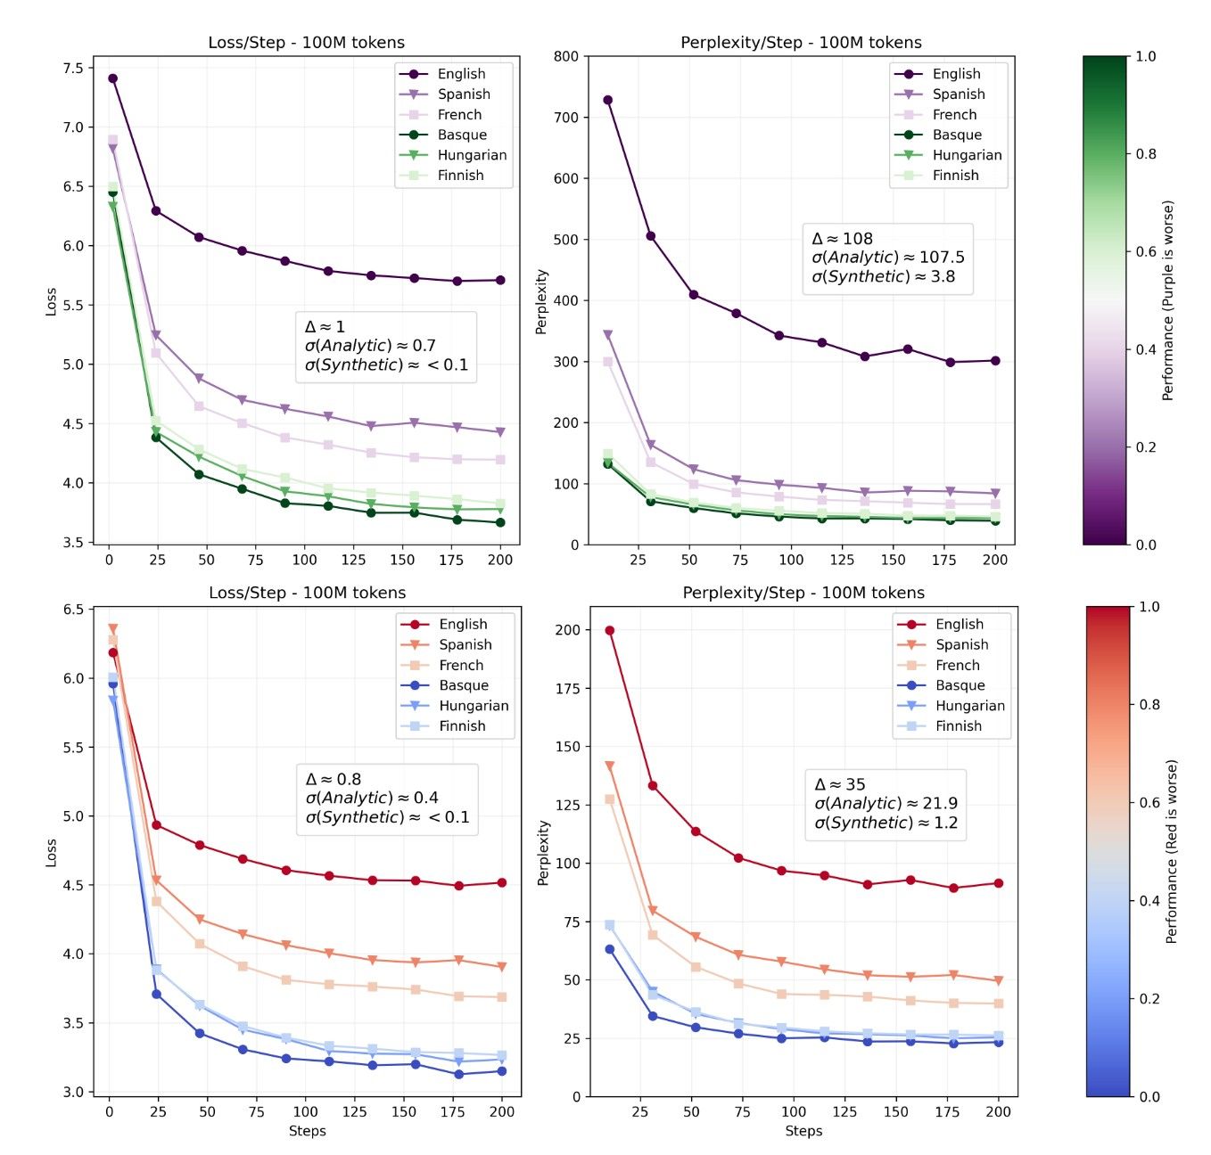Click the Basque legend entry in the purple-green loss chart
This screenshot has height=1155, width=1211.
click(x=461, y=135)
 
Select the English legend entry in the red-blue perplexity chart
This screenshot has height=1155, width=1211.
click(x=959, y=624)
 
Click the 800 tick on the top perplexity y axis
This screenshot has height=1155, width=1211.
click(x=566, y=56)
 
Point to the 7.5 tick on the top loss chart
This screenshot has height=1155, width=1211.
click(x=74, y=69)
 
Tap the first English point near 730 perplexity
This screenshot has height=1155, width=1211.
click(x=607, y=100)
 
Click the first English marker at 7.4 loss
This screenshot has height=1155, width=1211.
click(x=112, y=78)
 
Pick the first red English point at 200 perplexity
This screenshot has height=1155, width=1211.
click(x=610, y=630)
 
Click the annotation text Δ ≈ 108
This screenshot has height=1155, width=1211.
click(x=842, y=239)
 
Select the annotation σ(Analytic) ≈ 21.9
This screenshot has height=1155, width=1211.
click(x=886, y=803)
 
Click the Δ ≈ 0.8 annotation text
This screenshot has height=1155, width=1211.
click(x=333, y=779)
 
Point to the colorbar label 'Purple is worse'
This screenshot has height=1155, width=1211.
click(x=1168, y=300)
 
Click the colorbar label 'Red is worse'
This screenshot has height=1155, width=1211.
click(x=1172, y=851)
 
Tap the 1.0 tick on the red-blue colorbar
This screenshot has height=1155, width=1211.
click(x=1149, y=607)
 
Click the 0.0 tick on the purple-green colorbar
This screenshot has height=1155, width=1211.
click(x=1146, y=545)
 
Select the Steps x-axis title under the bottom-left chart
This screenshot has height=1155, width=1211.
click(x=307, y=1131)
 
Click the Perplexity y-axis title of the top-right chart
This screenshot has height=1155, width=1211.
click(x=541, y=301)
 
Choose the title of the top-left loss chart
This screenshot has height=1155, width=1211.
click(x=306, y=43)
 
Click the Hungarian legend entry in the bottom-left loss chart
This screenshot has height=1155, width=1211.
click(x=473, y=706)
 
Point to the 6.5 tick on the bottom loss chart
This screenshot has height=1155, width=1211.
click(x=74, y=610)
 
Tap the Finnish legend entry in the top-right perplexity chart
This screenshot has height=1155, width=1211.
click(x=955, y=176)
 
